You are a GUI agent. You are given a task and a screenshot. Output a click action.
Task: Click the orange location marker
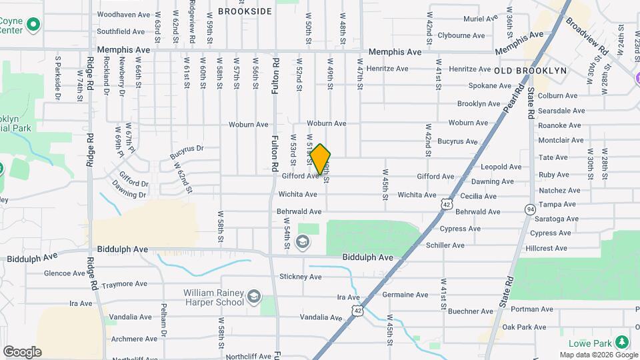pos(321,159)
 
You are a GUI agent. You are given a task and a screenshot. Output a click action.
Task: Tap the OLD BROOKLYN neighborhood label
pos(530,70)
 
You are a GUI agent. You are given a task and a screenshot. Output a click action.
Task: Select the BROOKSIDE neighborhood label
pos(245,11)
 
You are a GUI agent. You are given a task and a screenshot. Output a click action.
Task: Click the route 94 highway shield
pos(529,209)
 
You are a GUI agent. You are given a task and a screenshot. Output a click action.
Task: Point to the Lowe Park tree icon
pos(622,342)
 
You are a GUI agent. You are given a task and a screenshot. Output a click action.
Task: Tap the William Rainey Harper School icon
pos(253,297)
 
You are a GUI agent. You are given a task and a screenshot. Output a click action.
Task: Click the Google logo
pos(22,352)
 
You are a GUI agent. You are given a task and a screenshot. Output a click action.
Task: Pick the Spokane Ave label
pos(490,86)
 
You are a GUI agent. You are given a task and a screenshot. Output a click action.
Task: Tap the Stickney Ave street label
pos(301,277)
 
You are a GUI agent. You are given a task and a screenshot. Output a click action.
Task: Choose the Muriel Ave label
pos(481,19)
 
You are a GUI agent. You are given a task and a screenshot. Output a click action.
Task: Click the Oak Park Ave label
pos(524,327)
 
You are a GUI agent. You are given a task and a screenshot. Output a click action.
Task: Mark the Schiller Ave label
pos(445,245)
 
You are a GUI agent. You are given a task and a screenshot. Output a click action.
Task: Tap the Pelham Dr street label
pos(163,320)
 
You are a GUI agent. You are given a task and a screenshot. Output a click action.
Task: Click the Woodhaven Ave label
pos(123,14)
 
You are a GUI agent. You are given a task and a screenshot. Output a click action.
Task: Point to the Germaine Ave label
pos(405,295)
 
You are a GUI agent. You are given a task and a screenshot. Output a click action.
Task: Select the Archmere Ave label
pos(134,339)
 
